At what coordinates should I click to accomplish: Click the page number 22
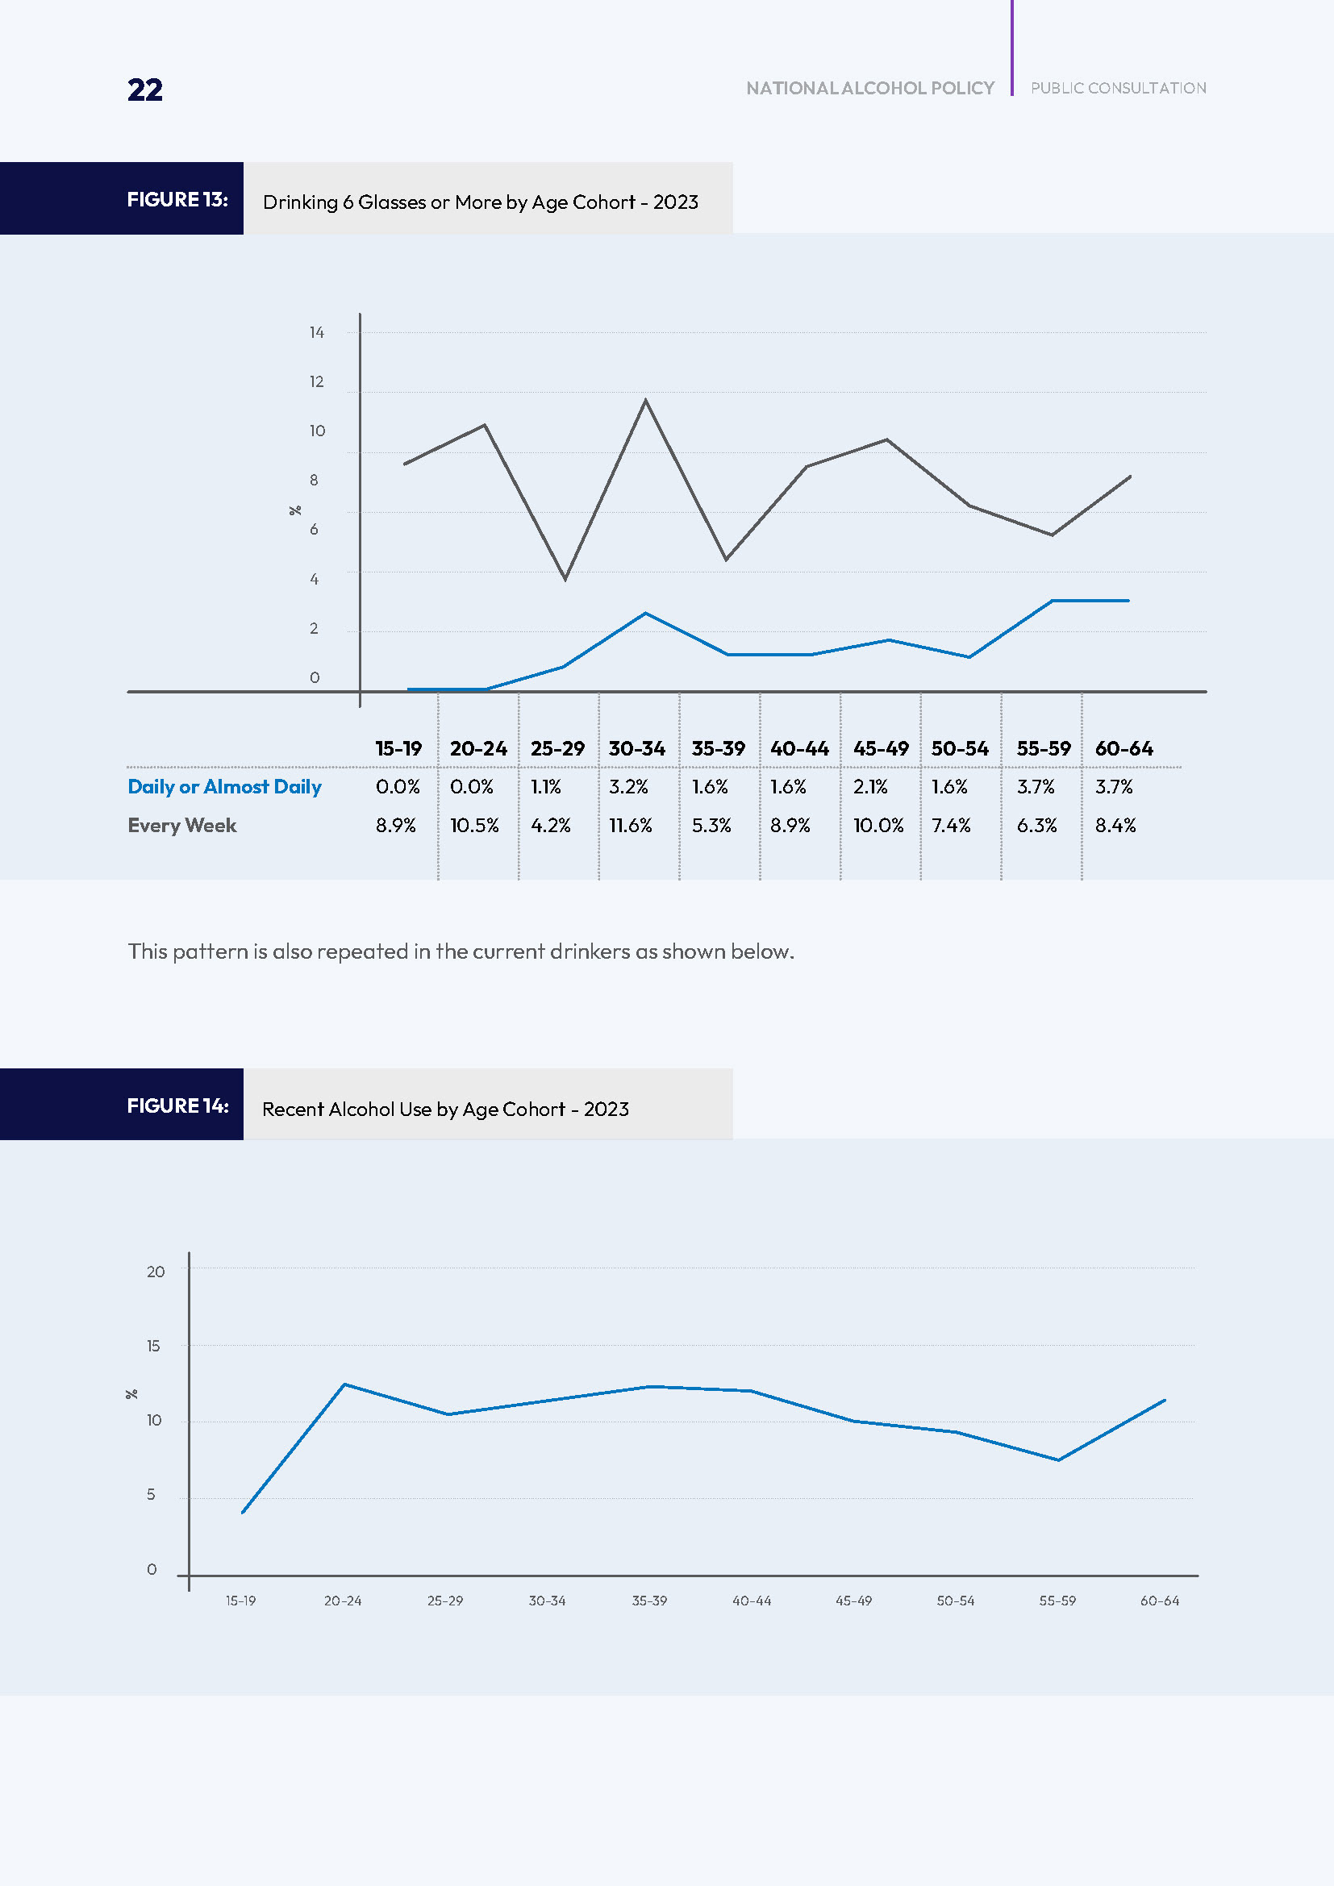[144, 90]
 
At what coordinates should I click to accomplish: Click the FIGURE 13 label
[177, 200]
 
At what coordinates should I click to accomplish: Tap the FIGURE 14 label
[177, 1105]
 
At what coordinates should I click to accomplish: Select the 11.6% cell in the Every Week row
[630, 826]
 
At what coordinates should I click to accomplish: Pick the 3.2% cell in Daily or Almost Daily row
[628, 787]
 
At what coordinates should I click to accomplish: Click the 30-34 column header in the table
[636, 748]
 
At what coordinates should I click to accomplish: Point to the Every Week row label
[181, 826]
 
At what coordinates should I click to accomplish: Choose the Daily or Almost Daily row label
[224, 787]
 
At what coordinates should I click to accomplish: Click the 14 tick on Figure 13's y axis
[316, 333]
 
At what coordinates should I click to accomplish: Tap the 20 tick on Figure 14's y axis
[155, 1272]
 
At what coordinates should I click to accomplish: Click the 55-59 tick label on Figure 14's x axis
[1057, 1601]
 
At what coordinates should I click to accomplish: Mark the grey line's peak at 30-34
[646, 400]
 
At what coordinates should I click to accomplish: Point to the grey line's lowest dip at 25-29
[565, 579]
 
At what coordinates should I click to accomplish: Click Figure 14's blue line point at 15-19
[243, 1512]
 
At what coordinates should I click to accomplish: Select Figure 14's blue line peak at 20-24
[344, 1384]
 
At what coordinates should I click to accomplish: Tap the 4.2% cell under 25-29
[550, 826]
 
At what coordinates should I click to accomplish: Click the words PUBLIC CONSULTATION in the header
[1118, 88]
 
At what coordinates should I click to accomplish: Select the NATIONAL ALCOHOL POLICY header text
[870, 88]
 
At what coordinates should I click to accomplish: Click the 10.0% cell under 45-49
[878, 826]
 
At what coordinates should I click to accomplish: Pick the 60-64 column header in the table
[1123, 748]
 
